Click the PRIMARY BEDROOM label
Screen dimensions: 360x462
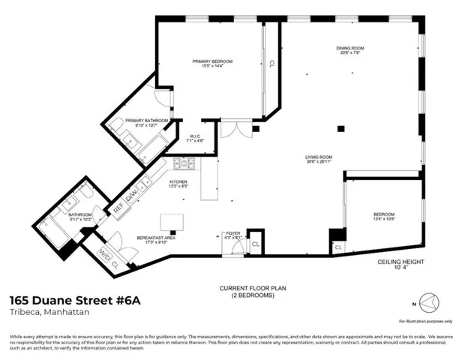(x=211, y=61)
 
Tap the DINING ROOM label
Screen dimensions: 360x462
(x=349, y=49)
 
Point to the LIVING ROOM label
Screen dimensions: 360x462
(x=318, y=157)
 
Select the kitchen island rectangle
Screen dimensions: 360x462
(x=175, y=220)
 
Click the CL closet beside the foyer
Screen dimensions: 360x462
(x=255, y=244)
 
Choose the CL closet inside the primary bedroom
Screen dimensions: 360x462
(x=271, y=63)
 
